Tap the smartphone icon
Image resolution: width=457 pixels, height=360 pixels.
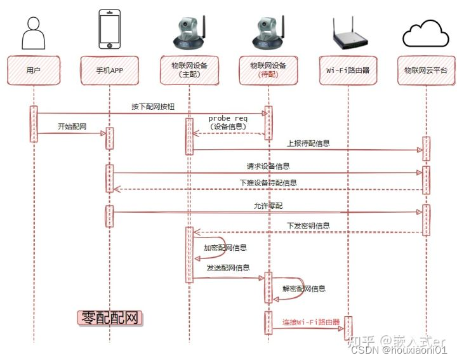coord(109,29)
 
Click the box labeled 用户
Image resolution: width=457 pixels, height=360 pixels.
coord(34,70)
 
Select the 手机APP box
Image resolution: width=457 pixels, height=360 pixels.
coord(109,70)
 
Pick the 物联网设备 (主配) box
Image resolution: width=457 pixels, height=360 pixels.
coord(190,70)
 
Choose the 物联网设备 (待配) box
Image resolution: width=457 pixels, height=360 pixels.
coord(268,70)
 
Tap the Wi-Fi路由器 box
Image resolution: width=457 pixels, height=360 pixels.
coord(348,70)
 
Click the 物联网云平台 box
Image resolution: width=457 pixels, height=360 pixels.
coord(425,70)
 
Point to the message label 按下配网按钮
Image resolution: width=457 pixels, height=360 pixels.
coord(152,106)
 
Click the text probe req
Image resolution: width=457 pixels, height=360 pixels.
coord(228,118)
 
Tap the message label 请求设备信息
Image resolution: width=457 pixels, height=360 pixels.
coord(268,166)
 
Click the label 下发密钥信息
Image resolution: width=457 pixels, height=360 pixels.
coord(308,225)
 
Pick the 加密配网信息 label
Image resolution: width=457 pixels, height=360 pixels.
coord(225,248)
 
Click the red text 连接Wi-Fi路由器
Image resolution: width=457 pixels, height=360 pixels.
coord(311,322)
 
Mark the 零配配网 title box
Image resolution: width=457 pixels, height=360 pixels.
coord(110,318)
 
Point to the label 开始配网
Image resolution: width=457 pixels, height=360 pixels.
coord(72,126)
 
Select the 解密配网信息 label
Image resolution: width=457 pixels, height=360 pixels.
coord(304,288)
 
